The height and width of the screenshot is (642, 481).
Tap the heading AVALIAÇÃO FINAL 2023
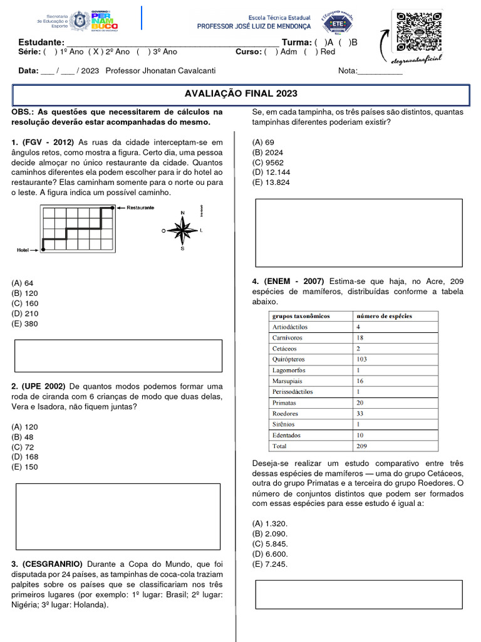click(x=240, y=94)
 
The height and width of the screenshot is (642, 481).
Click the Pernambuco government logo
click(x=104, y=21)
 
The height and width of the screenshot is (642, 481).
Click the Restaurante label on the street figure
click(x=140, y=208)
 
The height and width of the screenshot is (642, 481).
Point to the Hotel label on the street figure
click(x=23, y=250)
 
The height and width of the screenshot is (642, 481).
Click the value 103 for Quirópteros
click(x=362, y=359)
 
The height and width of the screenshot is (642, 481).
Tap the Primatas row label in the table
click(x=284, y=403)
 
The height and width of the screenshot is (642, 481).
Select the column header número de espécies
click(x=384, y=316)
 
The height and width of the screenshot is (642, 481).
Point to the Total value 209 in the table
click(x=362, y=446)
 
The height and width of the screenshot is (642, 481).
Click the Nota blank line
click(x=380, y=71)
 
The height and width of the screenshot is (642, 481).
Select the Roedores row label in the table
click(x=285, y=414)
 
